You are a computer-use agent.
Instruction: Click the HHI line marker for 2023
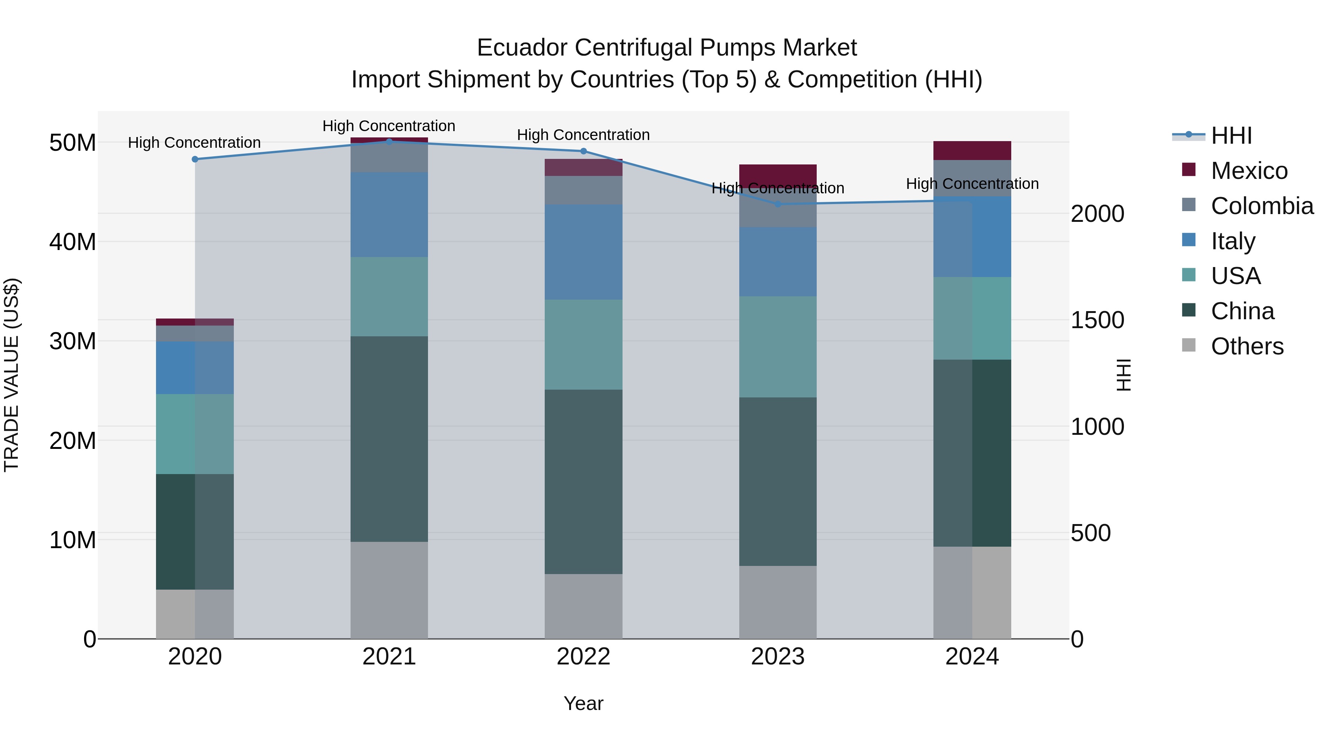coord(777,204)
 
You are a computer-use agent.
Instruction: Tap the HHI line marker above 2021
coord(389,141)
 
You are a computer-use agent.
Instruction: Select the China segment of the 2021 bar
coord(389,439)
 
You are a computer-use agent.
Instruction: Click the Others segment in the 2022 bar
coord(583,606)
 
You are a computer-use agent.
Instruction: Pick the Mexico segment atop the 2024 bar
coord(972,151)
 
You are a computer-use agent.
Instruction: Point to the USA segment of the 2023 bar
coord(777,347)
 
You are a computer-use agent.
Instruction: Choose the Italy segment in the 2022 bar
coord(583,252)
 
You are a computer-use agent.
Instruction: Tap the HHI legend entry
coord(1231,136)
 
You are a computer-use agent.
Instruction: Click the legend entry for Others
coord(1247,346)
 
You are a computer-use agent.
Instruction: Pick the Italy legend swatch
coord(1189,240)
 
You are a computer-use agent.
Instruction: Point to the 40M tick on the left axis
coord(73,242)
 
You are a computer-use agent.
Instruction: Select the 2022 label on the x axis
coord(583,657)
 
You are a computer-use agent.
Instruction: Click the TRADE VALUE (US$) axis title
coord(11,375)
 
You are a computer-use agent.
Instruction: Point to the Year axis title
coord(583,703)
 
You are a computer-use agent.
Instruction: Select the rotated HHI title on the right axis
coord(1123,375)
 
